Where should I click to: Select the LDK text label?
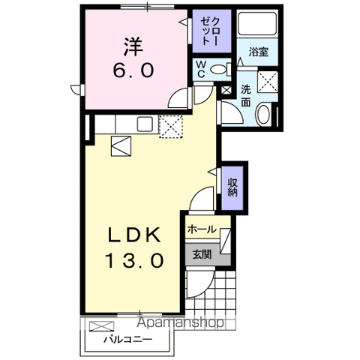tap(135, 235)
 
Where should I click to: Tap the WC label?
tap(201, 70)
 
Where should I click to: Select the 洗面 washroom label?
tap(246, 95)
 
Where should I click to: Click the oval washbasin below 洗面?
tap(265, 114)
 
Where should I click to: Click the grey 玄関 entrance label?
tap(201, 253)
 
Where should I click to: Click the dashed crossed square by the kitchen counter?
tap(171, 126)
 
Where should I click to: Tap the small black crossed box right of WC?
tap(226, 90)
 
